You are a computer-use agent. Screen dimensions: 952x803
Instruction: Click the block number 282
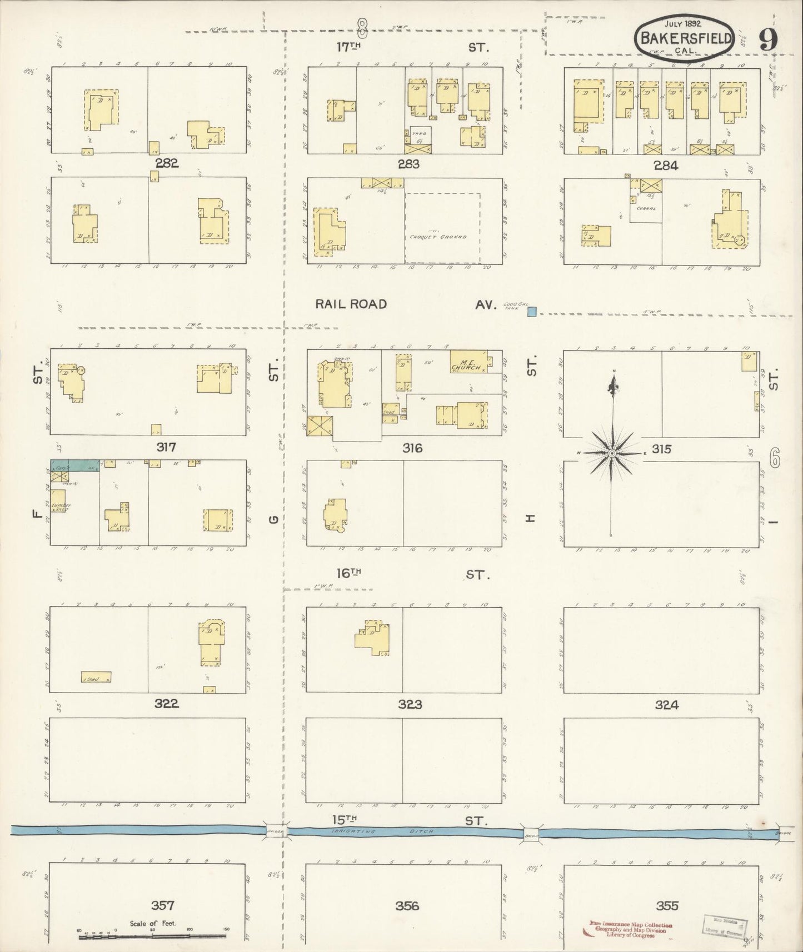[167, 163]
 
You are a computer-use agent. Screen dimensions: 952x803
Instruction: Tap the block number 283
[408, 164]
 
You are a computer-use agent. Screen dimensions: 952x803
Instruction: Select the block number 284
[665, 166]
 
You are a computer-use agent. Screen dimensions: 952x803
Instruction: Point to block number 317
[166, 447]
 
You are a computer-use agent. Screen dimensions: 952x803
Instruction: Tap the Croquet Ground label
[438, 237]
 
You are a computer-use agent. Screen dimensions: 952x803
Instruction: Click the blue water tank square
[532, 312]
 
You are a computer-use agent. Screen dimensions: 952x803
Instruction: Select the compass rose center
[611, 453]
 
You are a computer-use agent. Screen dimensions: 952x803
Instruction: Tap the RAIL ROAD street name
[351, 304]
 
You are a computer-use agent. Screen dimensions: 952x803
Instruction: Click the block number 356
[407, 906]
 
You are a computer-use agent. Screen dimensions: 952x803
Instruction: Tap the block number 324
[666, 705]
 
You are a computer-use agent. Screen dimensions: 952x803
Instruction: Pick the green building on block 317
[75, 465]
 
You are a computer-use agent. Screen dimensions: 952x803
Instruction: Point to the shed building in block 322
[96, 677]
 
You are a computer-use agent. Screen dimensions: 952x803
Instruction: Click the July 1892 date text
[683, 24]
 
